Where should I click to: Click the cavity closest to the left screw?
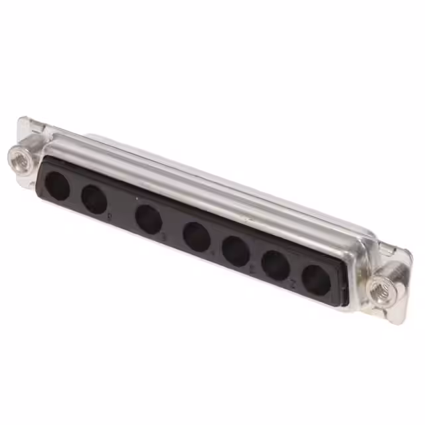[x=58, y=187]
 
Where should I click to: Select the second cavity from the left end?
[x=94, y=199]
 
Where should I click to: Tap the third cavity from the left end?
[x=148, y=218]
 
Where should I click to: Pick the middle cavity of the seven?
[x=197, y=236]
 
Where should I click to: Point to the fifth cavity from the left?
[x=236, y=251]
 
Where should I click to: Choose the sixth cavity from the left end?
[x=275, y=265]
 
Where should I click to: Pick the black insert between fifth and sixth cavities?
[x=256, y=258]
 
